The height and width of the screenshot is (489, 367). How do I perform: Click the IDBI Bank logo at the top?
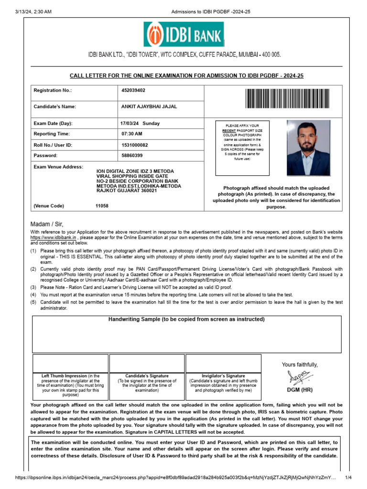(x=183, y=34)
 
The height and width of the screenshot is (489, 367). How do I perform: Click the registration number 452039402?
(x=133, y=90)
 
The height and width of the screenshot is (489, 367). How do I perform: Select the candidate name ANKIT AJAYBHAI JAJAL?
(x=149, y=106)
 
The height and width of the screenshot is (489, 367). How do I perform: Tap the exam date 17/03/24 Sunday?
(x=140, y=123)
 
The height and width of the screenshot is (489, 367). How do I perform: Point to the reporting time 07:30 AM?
(x=132, y=134)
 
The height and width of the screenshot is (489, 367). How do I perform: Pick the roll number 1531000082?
(x=135, y=145)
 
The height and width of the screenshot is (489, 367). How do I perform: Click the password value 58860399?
(x=132, y=155)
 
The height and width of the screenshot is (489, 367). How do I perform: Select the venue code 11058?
(x=102, y=206)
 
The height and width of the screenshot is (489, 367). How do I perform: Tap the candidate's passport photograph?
(x=308, y=148)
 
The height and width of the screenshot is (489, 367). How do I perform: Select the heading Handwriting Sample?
(x=187, y=319)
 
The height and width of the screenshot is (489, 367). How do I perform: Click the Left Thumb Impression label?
(x=57, y=376)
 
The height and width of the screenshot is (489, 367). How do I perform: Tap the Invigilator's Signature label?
(x=223, y=376)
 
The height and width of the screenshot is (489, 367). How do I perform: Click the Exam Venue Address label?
(x=58, y=167)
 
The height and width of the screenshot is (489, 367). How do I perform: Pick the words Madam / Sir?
(x=47, y=224)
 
